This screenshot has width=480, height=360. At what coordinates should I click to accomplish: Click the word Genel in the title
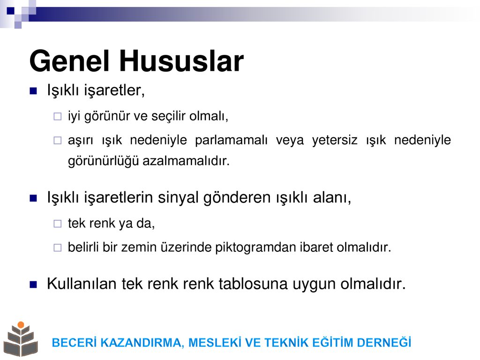click(x=69, y=61)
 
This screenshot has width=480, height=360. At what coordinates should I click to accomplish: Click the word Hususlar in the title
click(x=181, y=61)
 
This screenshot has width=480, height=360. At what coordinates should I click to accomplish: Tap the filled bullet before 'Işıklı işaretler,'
click(x=33, y=91)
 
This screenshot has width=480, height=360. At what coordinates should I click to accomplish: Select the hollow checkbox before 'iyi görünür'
click(x=58, y=116)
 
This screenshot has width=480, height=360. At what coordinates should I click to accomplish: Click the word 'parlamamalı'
click(x=231, y=140)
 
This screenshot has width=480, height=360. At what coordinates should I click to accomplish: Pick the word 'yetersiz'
click(x=335, y=140)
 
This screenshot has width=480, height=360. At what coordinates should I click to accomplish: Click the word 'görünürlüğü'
click(x=104, y=161)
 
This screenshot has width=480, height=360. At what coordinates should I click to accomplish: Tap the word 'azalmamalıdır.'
click(x=186, y=161)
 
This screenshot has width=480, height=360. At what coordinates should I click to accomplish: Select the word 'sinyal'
click(x=179, y=197)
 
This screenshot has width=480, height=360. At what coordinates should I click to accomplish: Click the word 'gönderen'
click(x=238, y=197)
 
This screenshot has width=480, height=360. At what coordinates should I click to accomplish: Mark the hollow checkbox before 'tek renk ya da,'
click(x=58, y=224)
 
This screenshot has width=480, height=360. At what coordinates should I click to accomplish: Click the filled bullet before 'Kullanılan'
click(x=33, y=285)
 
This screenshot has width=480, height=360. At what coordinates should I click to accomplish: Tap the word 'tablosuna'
click(x=253, y=284)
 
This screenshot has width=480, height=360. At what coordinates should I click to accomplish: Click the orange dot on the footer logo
click(x=21, y=325)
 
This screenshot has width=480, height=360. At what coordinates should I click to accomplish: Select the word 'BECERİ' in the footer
click(x=74, y=343)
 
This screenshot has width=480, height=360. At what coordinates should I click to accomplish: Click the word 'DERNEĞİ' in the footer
click(x=384, y=343)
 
